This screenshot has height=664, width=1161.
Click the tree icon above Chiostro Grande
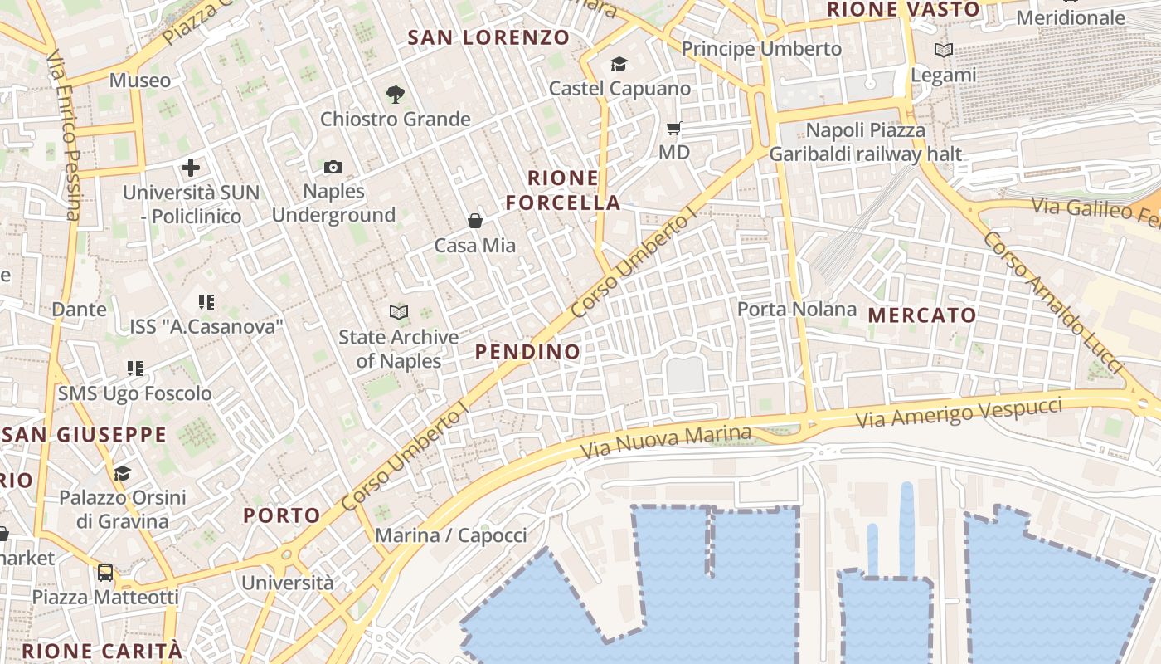point(396,95)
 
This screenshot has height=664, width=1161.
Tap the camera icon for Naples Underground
point(333,168)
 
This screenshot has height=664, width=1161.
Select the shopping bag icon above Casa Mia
point(475,221)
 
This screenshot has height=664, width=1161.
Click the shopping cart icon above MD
point(674,129)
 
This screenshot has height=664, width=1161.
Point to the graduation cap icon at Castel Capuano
point(619,65)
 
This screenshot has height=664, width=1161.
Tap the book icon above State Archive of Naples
point(399,313)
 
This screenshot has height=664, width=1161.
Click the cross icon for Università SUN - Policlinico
point(191,168)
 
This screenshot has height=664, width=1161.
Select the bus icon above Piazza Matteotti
point(105,573)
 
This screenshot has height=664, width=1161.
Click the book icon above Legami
point(944,51)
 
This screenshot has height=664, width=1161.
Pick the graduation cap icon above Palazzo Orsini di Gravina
point(122,473)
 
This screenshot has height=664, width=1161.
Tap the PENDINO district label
point(527,352)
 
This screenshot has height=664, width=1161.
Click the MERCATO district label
point(922,315)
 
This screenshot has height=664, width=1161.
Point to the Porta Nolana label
point(797,310)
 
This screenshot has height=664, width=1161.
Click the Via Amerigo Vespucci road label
point(959,413)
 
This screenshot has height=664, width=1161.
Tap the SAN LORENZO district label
point(488,37)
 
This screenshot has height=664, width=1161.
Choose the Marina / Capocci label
point(451,535)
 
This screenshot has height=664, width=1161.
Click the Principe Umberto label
point(761,49)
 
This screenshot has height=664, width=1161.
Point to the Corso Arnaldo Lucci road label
point(1052,302)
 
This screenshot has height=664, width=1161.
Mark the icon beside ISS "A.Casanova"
point(206,302)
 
